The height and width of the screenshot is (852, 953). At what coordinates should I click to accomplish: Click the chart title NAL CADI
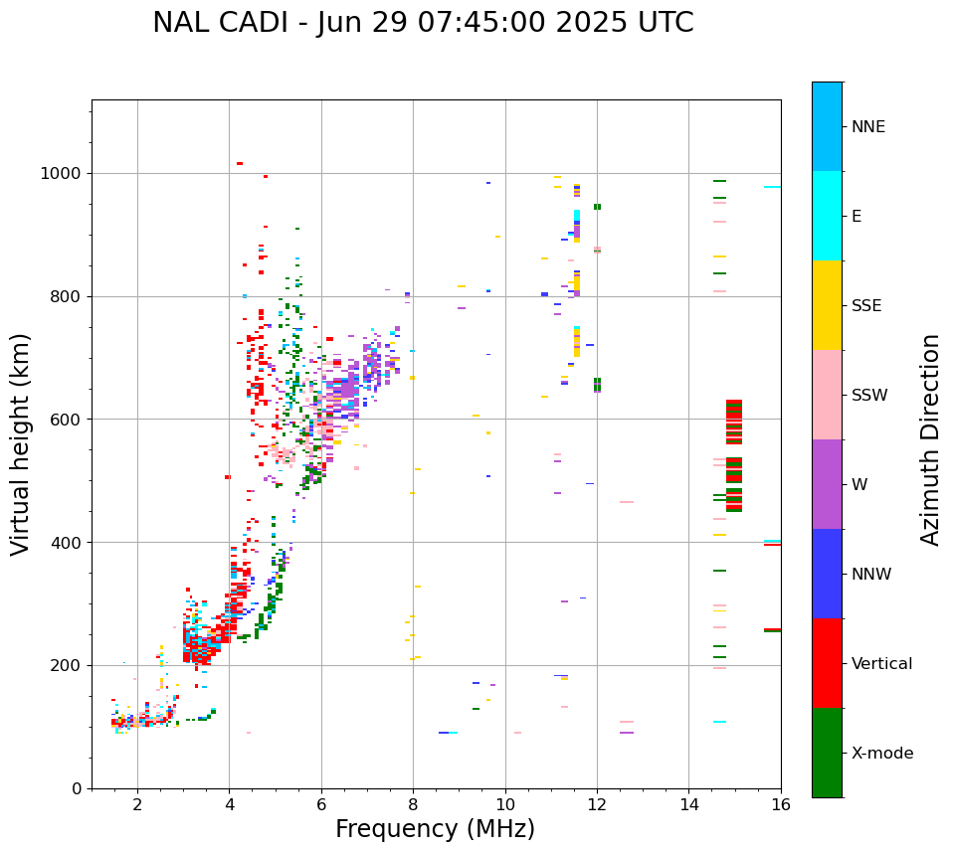click(x=423, y=23)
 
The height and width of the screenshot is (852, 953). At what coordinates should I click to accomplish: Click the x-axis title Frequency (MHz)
click(x=435, y=829)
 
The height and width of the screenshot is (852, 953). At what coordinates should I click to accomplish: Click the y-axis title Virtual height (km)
click(x=21, y=443)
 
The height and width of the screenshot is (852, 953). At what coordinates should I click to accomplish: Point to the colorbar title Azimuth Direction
click(x=930, y=439)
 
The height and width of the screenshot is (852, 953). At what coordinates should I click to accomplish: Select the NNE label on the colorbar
click(x=867, y=127)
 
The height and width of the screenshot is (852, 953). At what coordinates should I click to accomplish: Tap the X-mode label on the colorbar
click(x=882, y=754)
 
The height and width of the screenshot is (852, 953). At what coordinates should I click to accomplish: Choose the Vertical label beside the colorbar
click(x=882, y=664)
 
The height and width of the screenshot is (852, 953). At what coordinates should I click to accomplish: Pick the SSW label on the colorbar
click(x=869, y=396)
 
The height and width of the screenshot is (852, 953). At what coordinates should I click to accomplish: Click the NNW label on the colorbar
click(x=871, y=575)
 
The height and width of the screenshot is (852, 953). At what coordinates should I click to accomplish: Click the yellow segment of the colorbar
click(x=827, y=305)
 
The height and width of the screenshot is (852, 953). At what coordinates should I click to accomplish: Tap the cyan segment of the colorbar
click(x=827, y=216)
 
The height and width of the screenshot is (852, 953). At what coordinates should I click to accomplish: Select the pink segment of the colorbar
click(x=827, y=395)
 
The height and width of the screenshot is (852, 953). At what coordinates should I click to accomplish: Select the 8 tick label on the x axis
click(x=413, y=805)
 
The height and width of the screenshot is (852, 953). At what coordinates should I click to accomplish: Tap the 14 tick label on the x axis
click(x=688, y=805)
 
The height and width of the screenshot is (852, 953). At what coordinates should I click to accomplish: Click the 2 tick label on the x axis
click(x=137, y=805)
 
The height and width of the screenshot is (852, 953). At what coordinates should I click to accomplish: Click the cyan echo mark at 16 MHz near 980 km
click(x=772, y=187)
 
